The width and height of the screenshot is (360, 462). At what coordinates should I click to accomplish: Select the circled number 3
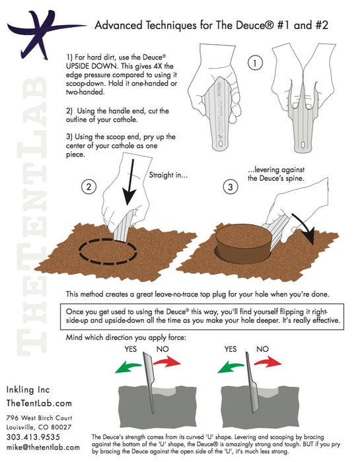point(230,187)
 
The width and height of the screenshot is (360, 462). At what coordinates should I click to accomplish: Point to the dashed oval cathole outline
point(108,251)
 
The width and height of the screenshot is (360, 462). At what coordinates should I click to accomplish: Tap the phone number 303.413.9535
point(32,437)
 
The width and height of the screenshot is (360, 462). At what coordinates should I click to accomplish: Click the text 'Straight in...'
point(172,176)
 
